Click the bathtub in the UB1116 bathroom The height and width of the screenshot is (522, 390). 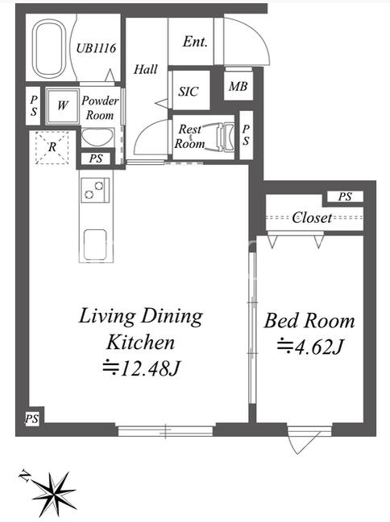(50, 48)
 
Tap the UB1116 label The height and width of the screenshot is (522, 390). (96, 48)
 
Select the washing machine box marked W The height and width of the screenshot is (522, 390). (63, 106)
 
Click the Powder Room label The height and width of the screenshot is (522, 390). (100, 108)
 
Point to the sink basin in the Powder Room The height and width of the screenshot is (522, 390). (97, 138)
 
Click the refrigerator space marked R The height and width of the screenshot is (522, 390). (52, 147)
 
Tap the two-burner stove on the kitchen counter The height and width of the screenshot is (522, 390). (95, 190)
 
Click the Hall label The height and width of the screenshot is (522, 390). (146, 69)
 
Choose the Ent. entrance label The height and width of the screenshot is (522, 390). (195, 42)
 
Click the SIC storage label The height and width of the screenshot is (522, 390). (189, 92)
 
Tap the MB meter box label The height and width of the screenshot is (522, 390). (238, 87)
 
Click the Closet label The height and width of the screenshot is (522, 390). (313, 218)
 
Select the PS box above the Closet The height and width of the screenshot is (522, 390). (345, 196)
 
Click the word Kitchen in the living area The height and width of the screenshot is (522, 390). (140, 342)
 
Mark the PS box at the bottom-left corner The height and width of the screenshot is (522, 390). (32, 419)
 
